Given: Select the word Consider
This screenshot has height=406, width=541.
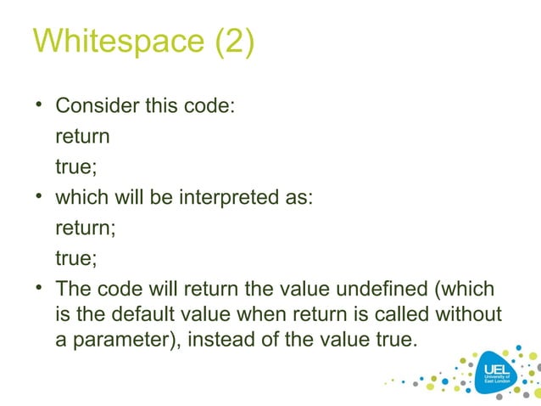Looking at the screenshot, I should [96, 107].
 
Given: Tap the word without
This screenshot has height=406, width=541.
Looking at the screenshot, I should [468, 314].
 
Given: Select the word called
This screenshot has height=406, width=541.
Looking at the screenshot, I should [403, 314].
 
